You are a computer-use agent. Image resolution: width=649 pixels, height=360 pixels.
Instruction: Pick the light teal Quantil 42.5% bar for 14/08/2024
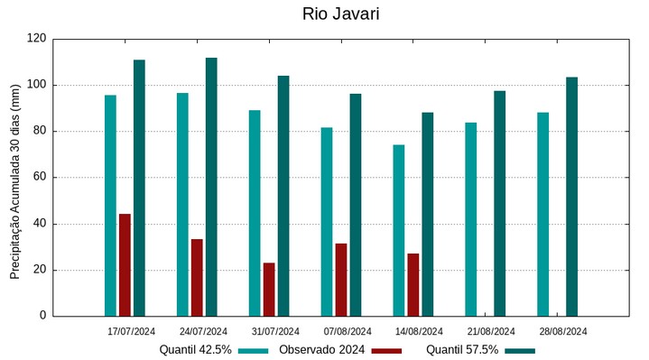click(x=399, y=230)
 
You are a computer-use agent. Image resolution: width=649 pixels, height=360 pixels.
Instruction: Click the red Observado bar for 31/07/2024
click(x=269, y=289)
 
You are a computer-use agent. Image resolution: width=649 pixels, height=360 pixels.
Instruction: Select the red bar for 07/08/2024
click(x=341, y=280)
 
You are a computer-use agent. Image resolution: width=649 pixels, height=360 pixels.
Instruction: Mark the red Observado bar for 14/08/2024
click(x=413, y=284)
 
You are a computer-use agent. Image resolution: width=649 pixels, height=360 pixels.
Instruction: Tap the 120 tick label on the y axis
click(x=36, y=39)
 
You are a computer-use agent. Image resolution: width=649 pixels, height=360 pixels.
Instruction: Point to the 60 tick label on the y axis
click(x=40, y=178)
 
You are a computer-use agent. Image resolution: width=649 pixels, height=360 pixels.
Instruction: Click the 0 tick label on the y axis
click(x=42, y=316)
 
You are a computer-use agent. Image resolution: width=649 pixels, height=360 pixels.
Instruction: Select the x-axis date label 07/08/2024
click(x=348, y=331)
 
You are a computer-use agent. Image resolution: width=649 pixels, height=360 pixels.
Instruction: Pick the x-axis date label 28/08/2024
click(x=563, y=331)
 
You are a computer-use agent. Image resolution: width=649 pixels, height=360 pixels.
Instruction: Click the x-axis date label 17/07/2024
click(x=131, y=331)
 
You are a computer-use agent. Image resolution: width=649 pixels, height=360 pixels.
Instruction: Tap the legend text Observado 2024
click(x=321, y=350)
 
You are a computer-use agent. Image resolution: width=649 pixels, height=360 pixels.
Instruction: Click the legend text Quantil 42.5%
click(x=195, y=350)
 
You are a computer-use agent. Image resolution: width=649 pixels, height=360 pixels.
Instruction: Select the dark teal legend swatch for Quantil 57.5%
click(x=520, y=350)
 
